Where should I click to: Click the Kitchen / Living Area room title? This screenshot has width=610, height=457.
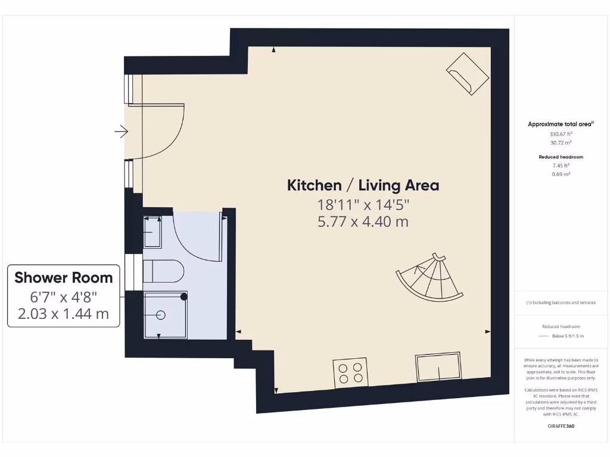click(x=363, y=185)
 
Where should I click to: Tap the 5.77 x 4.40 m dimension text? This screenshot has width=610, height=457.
click(x=363, y=222)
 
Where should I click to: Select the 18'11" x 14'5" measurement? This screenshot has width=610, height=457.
click(x=363, y=204)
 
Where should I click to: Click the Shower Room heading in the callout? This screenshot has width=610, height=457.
click(x=64, y=277)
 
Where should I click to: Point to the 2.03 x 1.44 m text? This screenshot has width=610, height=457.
click(x=64, y=314)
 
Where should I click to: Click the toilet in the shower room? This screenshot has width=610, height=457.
click(x=164, y=271)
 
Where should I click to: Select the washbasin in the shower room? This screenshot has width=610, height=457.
click(x=152, y=232)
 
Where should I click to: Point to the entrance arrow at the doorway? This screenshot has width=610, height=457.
click(x=122, y=132)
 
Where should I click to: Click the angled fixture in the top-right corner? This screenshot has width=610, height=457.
click(x=468, y=73)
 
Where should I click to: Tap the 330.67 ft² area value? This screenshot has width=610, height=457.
click(x=560, y=134)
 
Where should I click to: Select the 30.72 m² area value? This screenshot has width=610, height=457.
click(x=560, y=143)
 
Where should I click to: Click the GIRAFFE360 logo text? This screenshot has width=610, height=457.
click(x=560, y=425)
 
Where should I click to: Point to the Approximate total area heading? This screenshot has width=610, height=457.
click(x=560, y=124)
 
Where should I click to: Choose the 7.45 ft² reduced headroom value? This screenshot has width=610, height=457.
click(x=560, y=165)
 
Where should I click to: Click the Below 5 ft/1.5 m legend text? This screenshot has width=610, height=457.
click(x=567, y=336)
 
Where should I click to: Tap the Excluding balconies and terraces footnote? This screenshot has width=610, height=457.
click(x=560, y=302)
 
